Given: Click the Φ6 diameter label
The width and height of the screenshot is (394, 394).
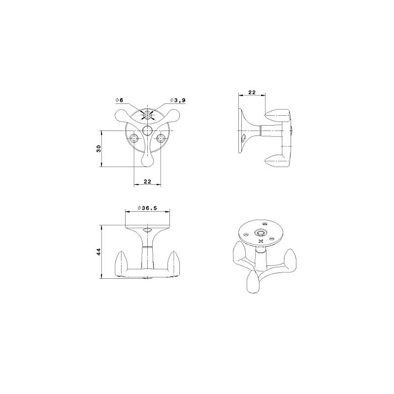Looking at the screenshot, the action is [x=119, y=100].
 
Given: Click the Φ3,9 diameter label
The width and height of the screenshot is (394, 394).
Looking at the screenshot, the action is [x=178, y=100].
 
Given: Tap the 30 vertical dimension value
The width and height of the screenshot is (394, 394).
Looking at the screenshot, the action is [x=98, y=149].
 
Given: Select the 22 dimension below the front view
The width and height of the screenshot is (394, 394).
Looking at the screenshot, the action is [x=147, y=181].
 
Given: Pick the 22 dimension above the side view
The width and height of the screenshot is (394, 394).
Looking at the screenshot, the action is [x=252, y=92].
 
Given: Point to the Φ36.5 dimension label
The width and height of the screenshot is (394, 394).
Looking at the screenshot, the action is [x=147, y=208].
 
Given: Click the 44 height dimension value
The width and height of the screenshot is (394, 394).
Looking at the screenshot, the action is [x=98, y=252].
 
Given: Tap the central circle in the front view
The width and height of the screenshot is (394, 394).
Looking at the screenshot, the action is [x=147, y=131].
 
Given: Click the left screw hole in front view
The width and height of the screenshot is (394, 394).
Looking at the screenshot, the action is [x=134, y=138].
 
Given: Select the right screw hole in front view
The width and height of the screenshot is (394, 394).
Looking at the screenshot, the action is [x=161, y=138].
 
